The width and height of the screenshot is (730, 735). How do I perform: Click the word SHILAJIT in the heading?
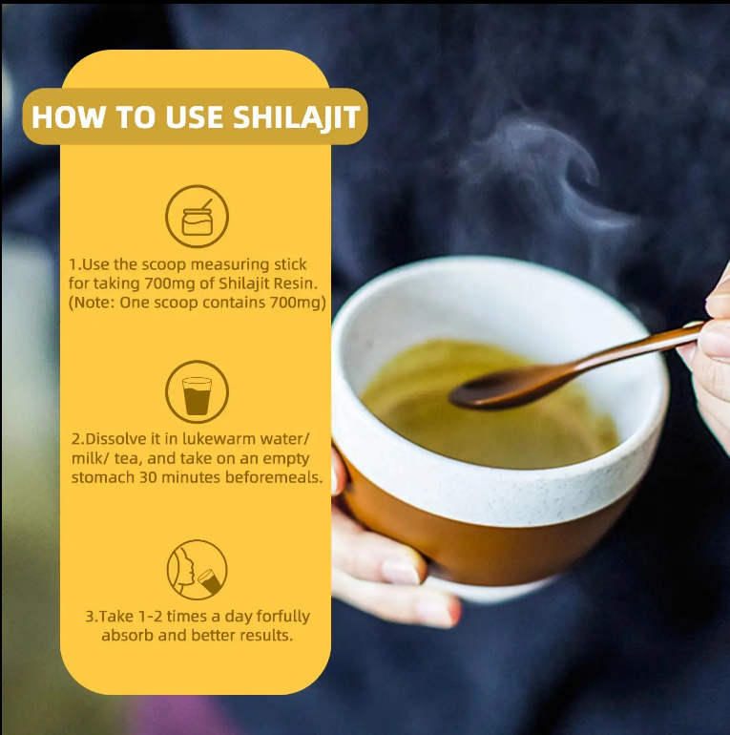(x=297, y=116)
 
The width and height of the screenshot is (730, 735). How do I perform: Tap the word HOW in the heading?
(x=69, y=116)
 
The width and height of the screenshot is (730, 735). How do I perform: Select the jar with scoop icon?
(x=198, y=216)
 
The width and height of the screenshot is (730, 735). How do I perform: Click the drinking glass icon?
(x=198, y=392)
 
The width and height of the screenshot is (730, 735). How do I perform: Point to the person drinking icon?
(x=198, y=570)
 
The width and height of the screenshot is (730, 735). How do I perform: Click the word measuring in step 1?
(x=230, y=264)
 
